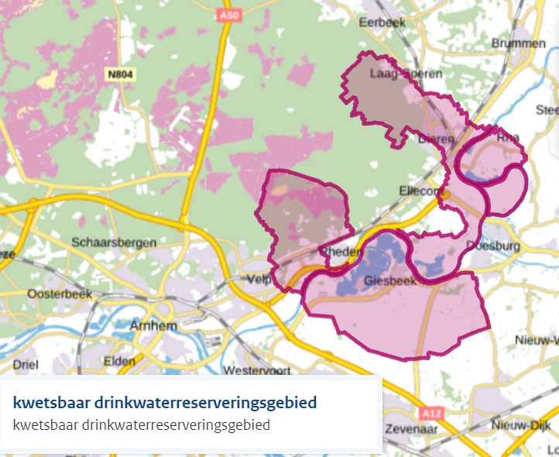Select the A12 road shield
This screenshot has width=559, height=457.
click(x=430, y=412)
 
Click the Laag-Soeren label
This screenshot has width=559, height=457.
click(x=395, y=74)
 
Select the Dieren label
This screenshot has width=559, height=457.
click(x=434, y=139)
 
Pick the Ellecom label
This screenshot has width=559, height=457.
click(x=422, y=191)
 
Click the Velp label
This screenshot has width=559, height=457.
click(x=259, y=279)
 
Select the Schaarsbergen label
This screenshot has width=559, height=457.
click(x=113, y=242)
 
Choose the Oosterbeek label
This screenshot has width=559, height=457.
click(x=60, y=294)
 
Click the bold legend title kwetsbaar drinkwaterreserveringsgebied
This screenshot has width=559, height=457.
click(x=165, y=404)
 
